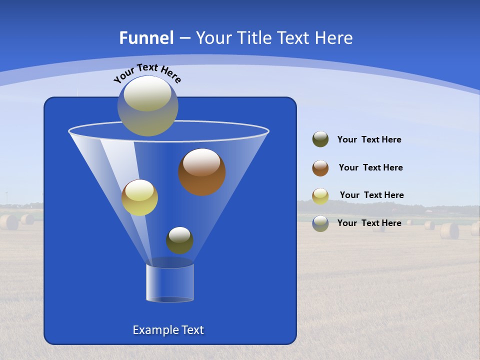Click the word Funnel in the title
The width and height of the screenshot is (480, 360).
[x=146, y=38]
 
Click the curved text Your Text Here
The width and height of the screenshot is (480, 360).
[x=147, y=73]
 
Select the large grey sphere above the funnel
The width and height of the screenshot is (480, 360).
[x=148, y=106]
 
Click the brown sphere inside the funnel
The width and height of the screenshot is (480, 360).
[x=202, y=172]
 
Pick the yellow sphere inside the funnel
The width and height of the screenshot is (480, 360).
[x=139, y=197]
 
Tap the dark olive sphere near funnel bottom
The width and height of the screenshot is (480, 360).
[x=179, y=240]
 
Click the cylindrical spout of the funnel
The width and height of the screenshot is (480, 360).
[x=170, y=283]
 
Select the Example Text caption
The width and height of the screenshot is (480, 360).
[x=168, y=330]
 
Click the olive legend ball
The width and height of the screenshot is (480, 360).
[x=320, y=139]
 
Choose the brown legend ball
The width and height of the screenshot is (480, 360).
[x=320, y=168]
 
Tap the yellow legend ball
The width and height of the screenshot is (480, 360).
[x=320, y=196]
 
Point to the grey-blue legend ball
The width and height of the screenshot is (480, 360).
[x=320, y=223]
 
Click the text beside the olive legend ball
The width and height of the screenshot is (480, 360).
[x=369, y=140]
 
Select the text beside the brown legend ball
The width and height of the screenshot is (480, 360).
[x=370, y=168]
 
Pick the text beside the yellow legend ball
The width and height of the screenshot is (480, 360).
[x=371, y=195]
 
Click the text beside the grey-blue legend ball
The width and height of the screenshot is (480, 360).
[x=369, y=223]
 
